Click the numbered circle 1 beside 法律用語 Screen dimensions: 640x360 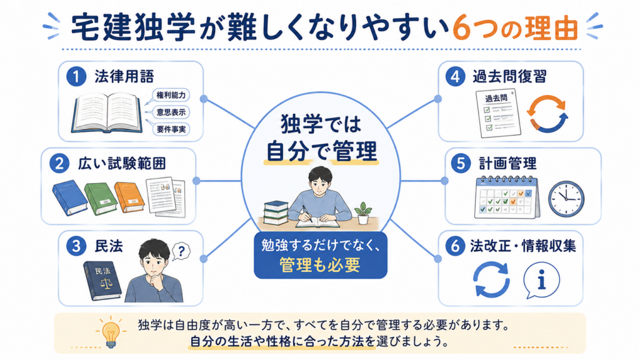[76, 76]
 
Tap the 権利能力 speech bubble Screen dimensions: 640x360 [171, 96]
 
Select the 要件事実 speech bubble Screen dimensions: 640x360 [171, 129]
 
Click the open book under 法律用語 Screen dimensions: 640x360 [107, 112]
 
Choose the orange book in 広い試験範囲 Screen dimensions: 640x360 [129, 197]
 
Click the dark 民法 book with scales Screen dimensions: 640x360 [102, 280]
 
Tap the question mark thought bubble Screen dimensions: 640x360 [181, 251]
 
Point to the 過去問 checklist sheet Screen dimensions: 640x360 [498, 114]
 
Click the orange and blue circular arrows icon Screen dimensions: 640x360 [547, 114]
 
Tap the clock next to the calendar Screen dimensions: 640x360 [566, 199]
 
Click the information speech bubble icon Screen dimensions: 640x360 [541, 281]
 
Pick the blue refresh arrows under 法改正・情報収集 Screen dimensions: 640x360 [491, 280]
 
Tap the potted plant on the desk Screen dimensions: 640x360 [363, 214]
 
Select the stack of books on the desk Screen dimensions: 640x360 [276, 212]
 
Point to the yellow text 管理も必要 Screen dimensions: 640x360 [320, 265]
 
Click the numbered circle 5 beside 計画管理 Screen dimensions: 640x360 [461, 163]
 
